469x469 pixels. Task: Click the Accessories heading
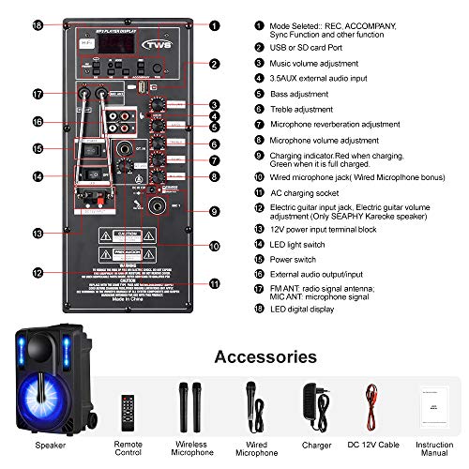(266, 356)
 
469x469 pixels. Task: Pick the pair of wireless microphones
(188, 405)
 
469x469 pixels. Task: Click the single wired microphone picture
(252, 405)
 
